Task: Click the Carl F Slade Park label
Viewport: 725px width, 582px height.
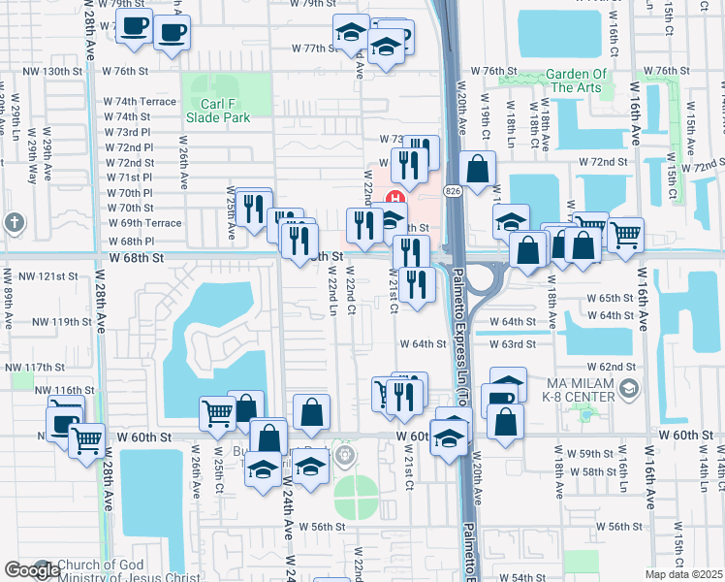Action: coord(217,110)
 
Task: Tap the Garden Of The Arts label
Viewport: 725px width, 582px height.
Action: coord(576,81)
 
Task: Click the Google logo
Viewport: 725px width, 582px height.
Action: coord(31,570)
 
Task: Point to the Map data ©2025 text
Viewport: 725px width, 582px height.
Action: coord(684,574)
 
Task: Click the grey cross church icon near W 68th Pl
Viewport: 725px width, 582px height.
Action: coord(14,223)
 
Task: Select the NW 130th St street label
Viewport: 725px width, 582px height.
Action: coord(69,71)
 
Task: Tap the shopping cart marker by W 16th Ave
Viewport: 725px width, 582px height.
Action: coord(626,234)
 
